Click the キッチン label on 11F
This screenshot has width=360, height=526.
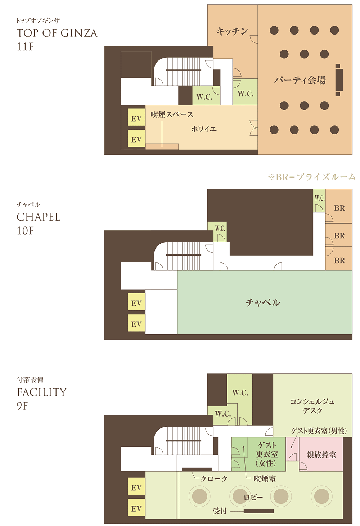pos(232,32)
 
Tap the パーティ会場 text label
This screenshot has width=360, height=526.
pos(300,80)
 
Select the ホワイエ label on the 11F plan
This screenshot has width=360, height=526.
pos(204,129)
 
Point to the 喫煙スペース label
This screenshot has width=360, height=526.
pos(172,114)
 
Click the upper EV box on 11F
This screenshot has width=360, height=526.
pos(136,118)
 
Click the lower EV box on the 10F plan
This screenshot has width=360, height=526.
pos(136,324)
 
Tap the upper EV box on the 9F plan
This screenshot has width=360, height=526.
pos(136,487)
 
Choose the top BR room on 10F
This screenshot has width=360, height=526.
pos(339,208)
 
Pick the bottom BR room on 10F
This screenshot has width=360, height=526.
pos(339,260)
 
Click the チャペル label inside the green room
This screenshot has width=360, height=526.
pos(263,302)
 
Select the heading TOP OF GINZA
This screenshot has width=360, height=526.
pos(57,33)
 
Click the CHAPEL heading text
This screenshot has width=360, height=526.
pos(39,217)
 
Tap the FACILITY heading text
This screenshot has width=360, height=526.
pos(42,392)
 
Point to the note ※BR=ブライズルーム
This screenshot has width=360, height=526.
pos(311,177)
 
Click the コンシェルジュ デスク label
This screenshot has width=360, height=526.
pos(312,406)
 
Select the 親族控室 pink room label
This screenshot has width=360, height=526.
pos(321,455)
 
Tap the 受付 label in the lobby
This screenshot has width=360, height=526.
pos(220,511)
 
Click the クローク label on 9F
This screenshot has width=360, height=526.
pos(214,478)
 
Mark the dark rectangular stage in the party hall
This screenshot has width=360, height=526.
pos(338,80)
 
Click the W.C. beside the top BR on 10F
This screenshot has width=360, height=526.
pos(319,198)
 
